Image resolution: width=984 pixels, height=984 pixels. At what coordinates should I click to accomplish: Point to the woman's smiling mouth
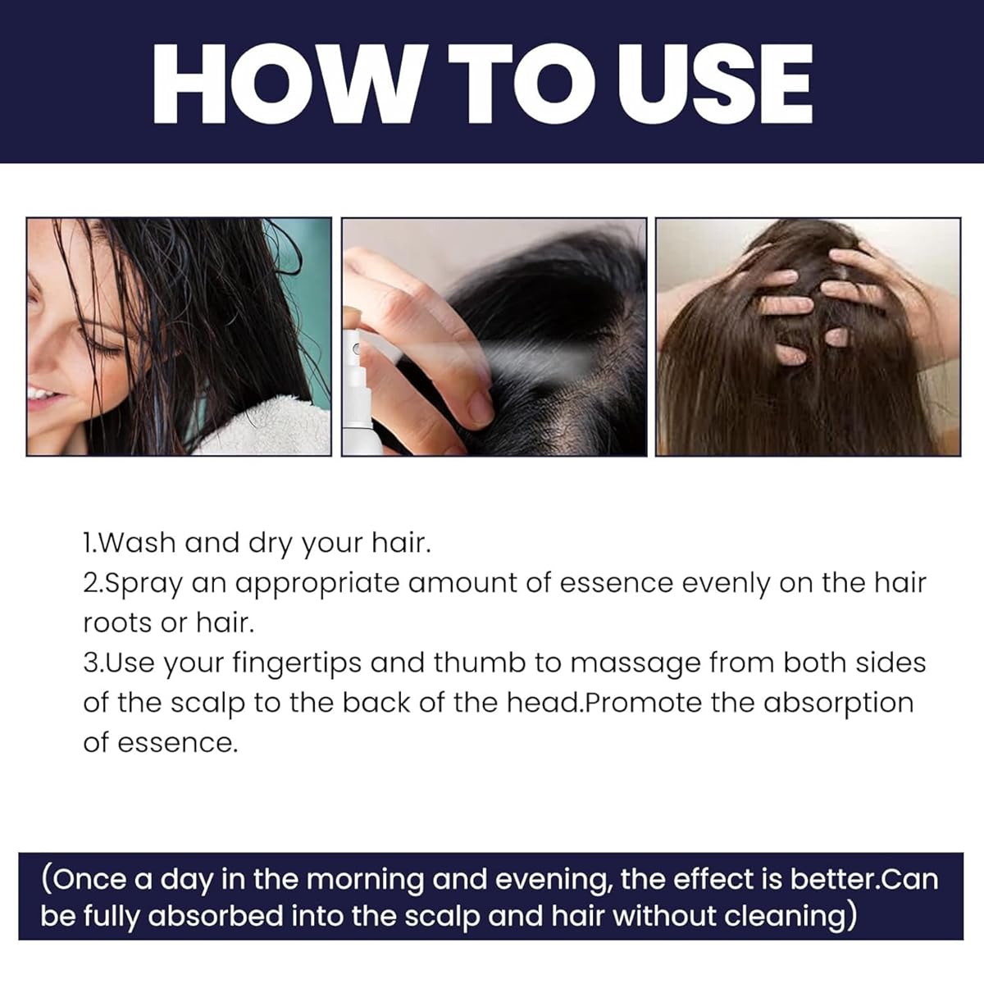pyautogui.click(x=41, y=396)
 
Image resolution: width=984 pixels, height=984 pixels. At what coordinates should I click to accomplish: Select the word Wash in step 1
pyautogui.click(x=139, y=543)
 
